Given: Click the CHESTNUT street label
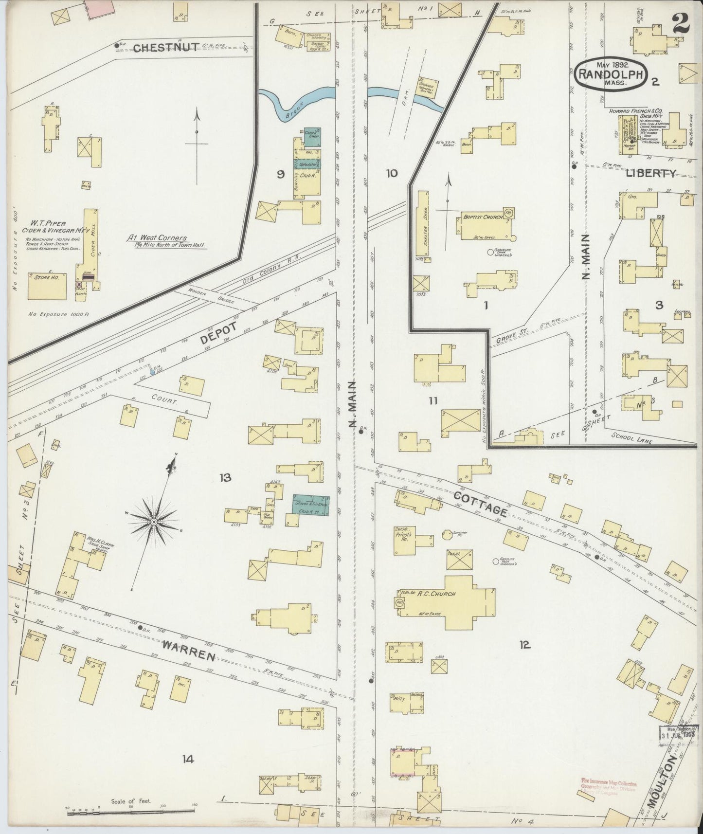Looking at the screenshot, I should click(x=166, y=47).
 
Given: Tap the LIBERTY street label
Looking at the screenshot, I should click(x=650, y=173).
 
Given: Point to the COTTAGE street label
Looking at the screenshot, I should click(x=480, y=504).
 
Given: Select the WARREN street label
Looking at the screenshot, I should click(x=189, y=650).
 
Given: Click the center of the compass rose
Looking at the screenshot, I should click(x=154, y=522).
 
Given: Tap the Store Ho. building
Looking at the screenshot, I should click(x=48, y=286).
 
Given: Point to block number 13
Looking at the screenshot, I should click(x=225, y=478).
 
